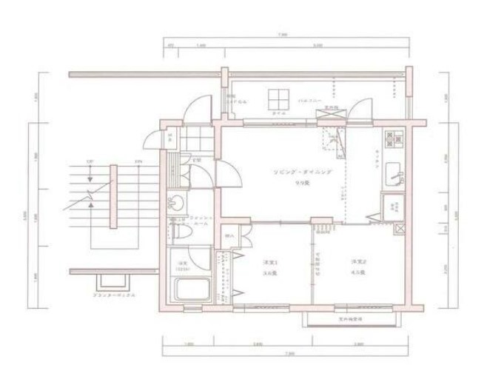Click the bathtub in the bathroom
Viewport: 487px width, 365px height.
point(191,289)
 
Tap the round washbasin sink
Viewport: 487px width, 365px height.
point(178,202)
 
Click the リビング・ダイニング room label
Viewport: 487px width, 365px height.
point(302,171)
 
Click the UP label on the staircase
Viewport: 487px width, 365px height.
point(90,161)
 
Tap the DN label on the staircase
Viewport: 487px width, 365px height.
point(138,161)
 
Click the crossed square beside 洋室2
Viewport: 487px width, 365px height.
point(400,229)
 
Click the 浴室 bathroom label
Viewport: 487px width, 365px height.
point(180,264)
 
